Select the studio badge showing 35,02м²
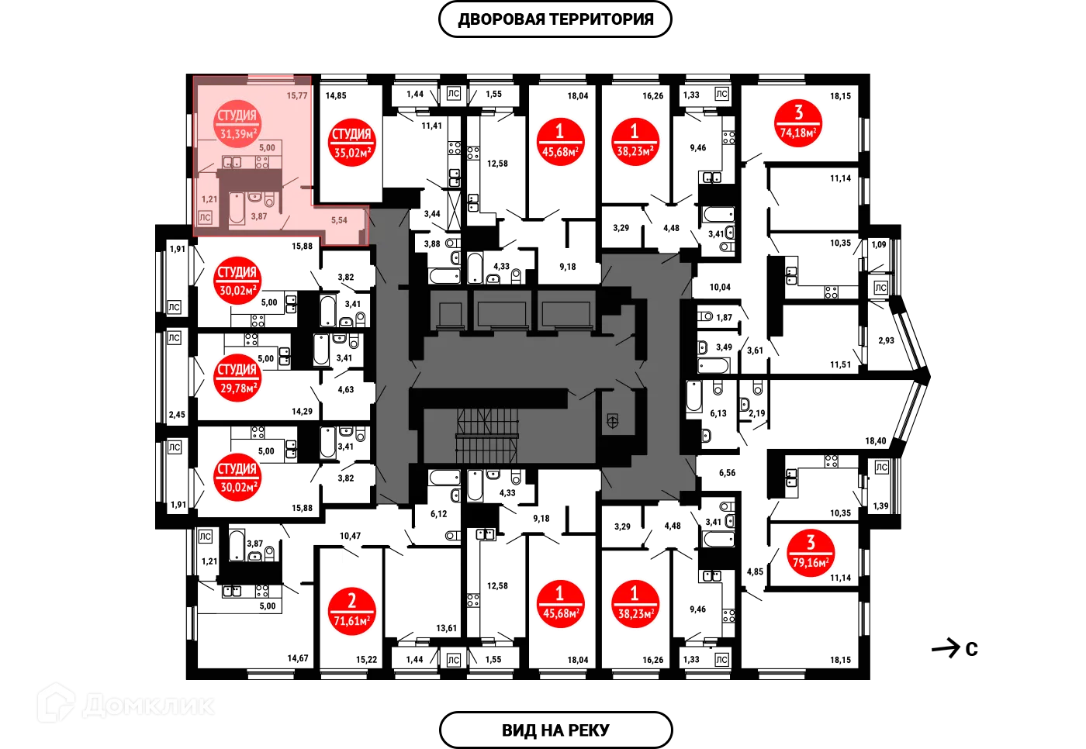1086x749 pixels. [351, 143]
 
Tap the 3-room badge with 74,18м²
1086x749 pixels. [798, 123]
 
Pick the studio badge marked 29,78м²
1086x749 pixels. [237, 378]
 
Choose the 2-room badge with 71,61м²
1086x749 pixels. [351, 611]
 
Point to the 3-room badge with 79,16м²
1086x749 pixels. [811, 552]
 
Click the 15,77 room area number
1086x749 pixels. [297, 95]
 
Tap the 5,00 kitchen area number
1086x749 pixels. [267, 147]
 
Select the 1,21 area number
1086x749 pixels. [209, 199]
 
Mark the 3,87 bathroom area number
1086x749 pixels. [258, 216]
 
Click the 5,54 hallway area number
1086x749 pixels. [339, 220]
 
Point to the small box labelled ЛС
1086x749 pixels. [206, 218]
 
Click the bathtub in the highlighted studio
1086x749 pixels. [236, 209]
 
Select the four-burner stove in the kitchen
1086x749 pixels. [262, 162]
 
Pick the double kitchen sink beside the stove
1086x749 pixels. [232, 162]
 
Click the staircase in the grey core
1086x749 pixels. [486, 434]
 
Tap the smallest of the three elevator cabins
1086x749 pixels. [450, 312]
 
